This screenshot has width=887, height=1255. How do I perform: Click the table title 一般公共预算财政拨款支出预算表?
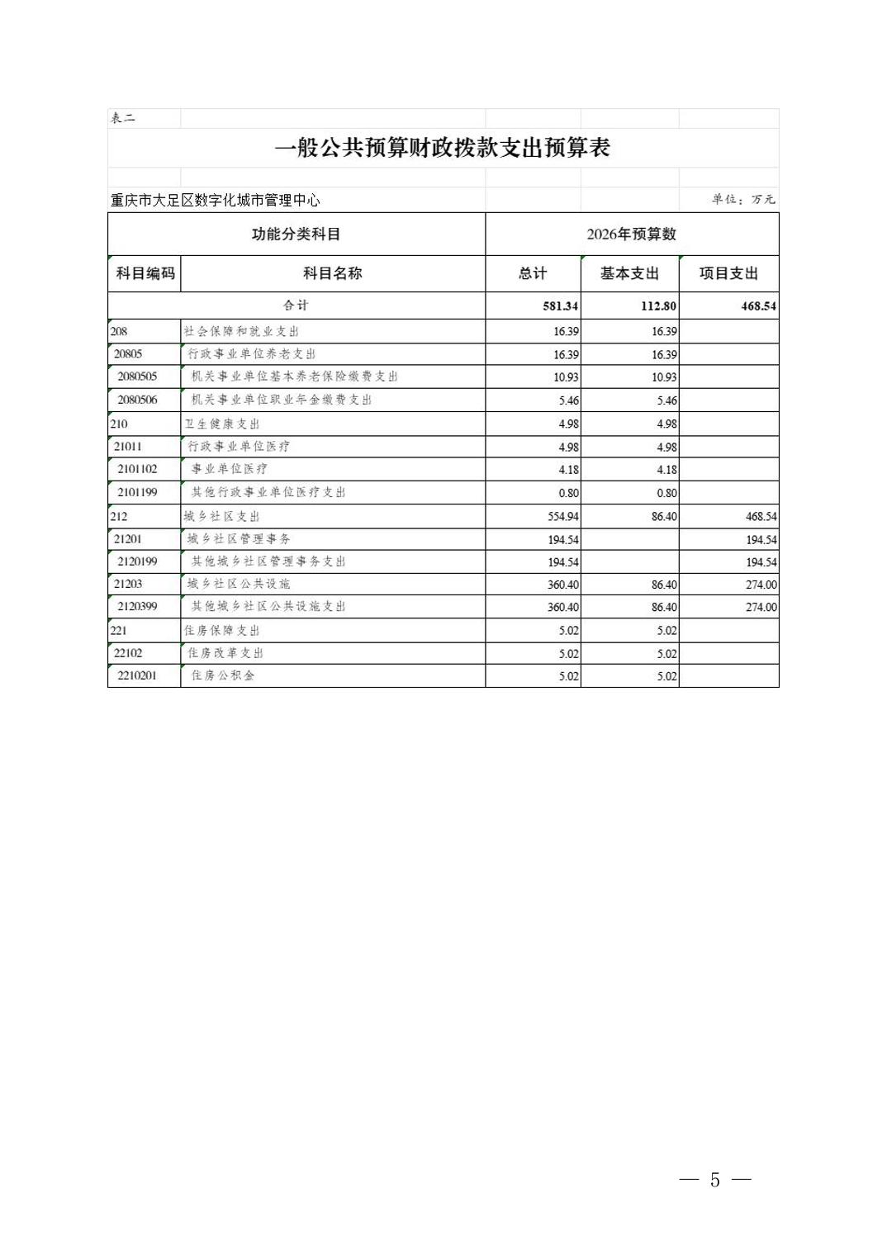442,149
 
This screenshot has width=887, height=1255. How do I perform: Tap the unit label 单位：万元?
743,199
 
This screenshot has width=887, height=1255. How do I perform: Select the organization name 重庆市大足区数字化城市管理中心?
216,200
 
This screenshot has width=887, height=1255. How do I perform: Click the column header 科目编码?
145,273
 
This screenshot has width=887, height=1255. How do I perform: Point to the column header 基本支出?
629,273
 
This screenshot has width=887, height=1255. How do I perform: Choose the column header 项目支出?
728,273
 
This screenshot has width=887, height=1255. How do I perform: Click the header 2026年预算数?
631,234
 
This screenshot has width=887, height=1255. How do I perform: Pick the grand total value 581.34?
560,305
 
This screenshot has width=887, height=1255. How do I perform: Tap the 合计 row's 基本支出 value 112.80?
658,305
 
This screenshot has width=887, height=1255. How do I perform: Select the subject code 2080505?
137,376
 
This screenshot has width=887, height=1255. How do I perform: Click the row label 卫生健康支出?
222,424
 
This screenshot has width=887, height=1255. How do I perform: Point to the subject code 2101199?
137,492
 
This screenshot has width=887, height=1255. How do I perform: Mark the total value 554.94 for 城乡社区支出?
562,516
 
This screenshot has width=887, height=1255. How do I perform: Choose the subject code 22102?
128,653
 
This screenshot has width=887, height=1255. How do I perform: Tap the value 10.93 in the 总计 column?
566,377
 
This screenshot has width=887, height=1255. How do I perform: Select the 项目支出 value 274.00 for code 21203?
761,585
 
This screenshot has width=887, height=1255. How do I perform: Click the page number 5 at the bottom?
714,1180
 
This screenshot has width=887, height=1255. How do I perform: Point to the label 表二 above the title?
123,118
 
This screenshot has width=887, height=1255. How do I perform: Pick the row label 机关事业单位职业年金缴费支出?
282,400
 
